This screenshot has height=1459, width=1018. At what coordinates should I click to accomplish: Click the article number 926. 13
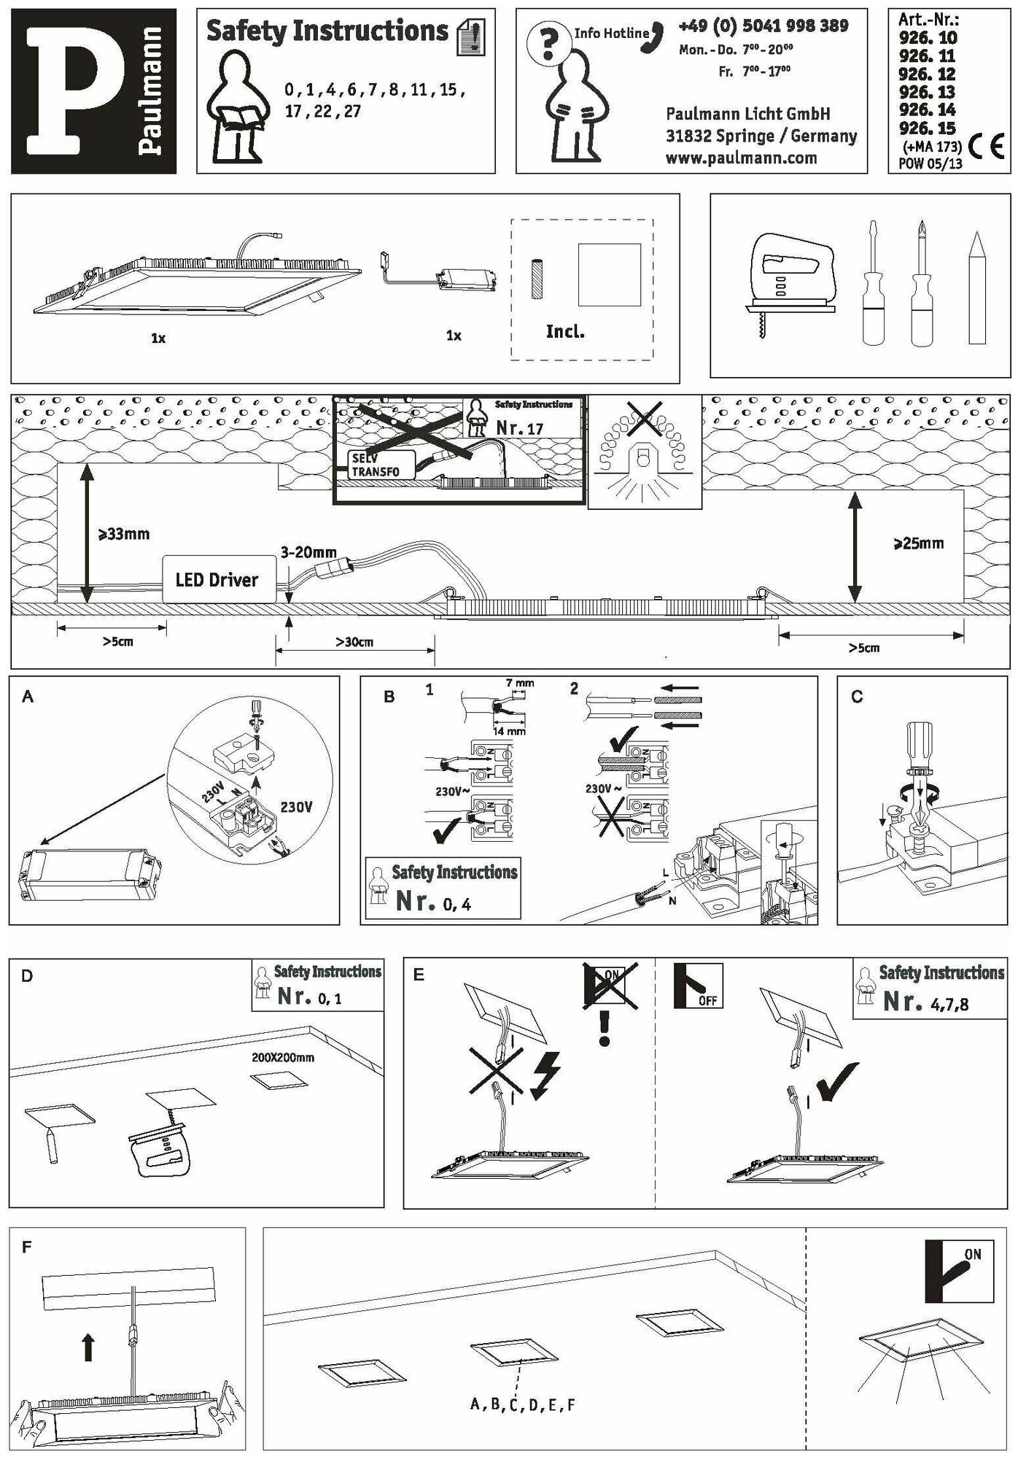click(x=927, y=93)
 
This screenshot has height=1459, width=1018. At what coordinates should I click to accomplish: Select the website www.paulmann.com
click(x=741, y=158)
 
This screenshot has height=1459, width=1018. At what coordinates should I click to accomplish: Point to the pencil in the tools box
click(x=976, y=287)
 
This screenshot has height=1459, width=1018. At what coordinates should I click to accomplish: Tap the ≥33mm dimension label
click(x=124, y=534)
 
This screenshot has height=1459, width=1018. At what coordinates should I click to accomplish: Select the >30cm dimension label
click(x=354, y=642)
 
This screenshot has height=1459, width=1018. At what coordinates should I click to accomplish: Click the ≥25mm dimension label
click(x=919, y=543)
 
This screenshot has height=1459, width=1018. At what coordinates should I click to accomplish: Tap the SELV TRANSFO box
click(x=381, y=465)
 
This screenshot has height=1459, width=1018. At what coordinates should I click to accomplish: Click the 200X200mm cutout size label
click(x=283, y=1057)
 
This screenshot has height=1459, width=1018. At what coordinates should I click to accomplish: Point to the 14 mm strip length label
click(x=508, y=731)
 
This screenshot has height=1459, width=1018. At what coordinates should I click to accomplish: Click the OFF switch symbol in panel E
click(x=698, y=986)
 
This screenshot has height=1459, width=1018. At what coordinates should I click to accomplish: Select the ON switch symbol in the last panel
click(x=958, y=1271)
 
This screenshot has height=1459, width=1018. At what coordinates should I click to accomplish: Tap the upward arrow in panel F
click(x=88, y=1347)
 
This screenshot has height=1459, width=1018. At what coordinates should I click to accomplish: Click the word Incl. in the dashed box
click(x=565, y=332)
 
